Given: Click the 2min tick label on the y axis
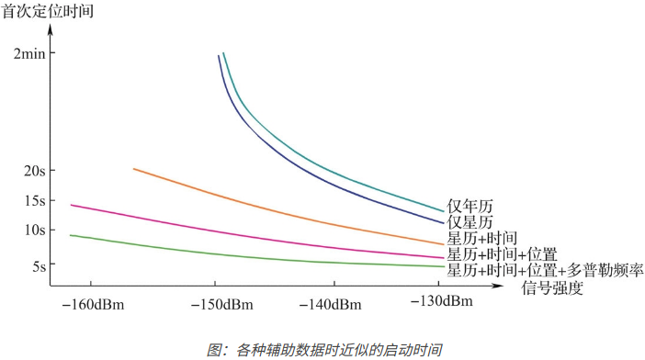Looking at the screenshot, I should click(x=29, y=53).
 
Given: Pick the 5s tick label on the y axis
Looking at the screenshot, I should click(x=36, y=266).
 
